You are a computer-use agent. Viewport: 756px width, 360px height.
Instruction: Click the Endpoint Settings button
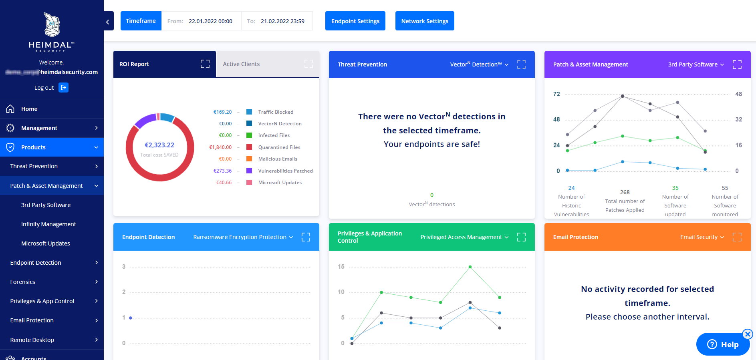(355, 21)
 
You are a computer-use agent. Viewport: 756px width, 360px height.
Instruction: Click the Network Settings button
(425, 21)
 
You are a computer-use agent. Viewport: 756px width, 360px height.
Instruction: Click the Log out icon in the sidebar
(63, 87)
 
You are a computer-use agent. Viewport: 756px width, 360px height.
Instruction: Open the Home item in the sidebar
(29, 109)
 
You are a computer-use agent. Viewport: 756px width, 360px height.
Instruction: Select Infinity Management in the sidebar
(48, 224)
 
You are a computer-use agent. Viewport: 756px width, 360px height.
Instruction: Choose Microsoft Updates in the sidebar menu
(45, 243)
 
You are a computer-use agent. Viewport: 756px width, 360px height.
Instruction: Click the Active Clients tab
(241, 64)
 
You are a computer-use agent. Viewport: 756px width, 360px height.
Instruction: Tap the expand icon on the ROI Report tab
(205, 64)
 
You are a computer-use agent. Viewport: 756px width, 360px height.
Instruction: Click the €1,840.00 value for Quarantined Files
(220, 147)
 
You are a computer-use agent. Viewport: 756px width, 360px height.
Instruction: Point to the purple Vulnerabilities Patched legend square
(249, 171)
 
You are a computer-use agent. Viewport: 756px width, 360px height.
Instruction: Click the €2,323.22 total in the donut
(159, 145)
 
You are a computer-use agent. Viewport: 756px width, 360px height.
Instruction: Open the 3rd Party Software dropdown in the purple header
(696, 64)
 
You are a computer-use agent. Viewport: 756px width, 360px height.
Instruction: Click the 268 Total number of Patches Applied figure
(625, 192)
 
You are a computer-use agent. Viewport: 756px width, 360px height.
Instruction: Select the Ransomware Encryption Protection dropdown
(243, 237)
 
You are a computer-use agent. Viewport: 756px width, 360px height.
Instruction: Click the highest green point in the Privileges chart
(470, 267)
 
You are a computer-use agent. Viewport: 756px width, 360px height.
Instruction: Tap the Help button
(723, 344)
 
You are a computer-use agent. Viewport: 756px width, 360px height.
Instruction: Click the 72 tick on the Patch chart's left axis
(556, 94)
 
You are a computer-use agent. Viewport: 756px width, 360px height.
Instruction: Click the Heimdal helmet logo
(52, 25)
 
